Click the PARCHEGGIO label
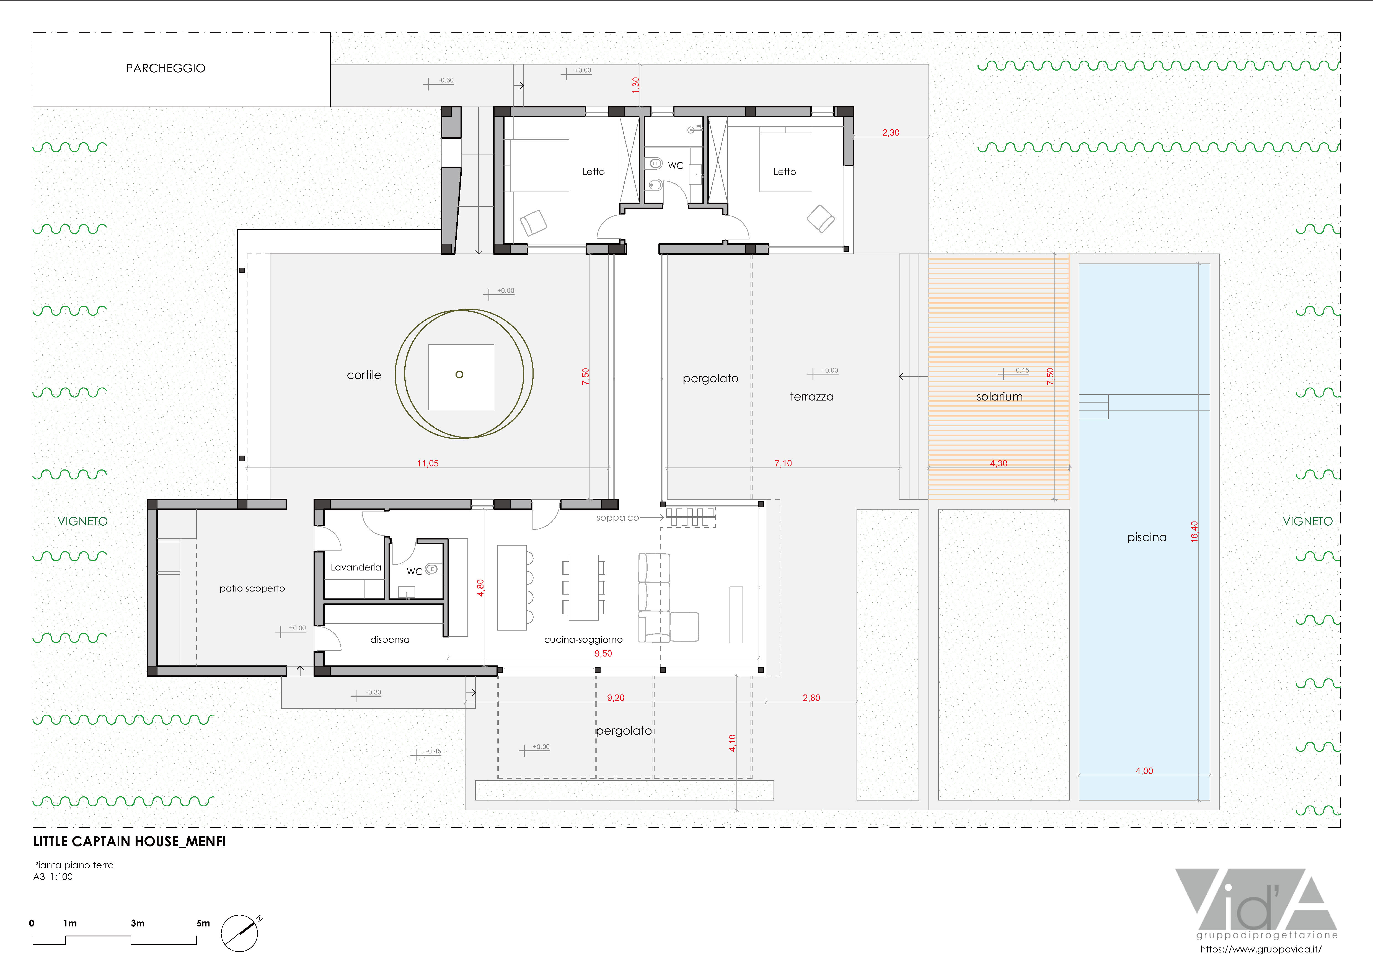(x=166, y=68)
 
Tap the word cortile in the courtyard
(x=364, y=375)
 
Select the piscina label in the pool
(x=1146, y=538)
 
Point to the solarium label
(x=999, y=396)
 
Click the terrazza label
(x=811, y=396)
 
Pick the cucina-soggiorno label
(x=583, y=640)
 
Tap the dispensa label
(x=390, y=640)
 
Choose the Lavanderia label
(x=356, y=567)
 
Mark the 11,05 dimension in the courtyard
(x=428, y=463)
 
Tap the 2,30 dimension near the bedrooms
(x=890, y=133)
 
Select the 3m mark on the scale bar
(x=138, y=923)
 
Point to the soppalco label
(x=617, y=518)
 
